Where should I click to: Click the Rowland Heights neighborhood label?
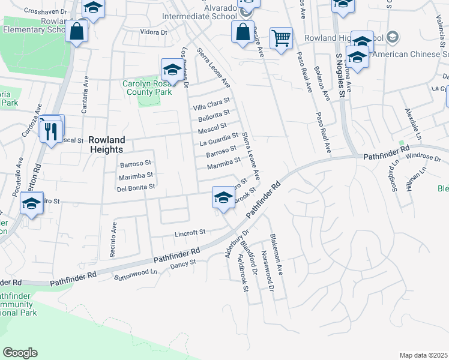point(106,144)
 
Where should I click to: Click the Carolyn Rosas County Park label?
point(148,88)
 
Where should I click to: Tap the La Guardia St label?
point(219,139)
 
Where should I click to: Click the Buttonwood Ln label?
point(136,274)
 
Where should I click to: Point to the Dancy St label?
point(183,264)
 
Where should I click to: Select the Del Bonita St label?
point(136,187)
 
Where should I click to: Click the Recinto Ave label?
point(113,238)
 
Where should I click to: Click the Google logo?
point(20,353)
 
